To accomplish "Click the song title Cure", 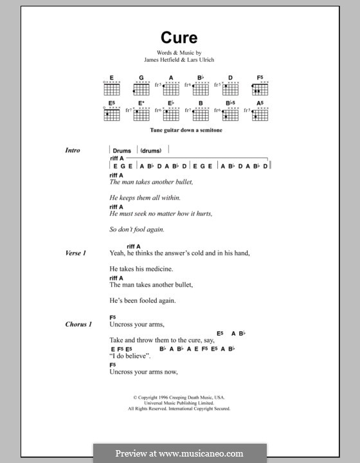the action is coord(179,37).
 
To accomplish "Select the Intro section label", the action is coord(73,150).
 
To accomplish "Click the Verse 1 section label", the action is coord(75,253).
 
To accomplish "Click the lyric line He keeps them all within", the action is coord(145,197).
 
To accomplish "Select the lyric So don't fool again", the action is coord(137,229).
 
